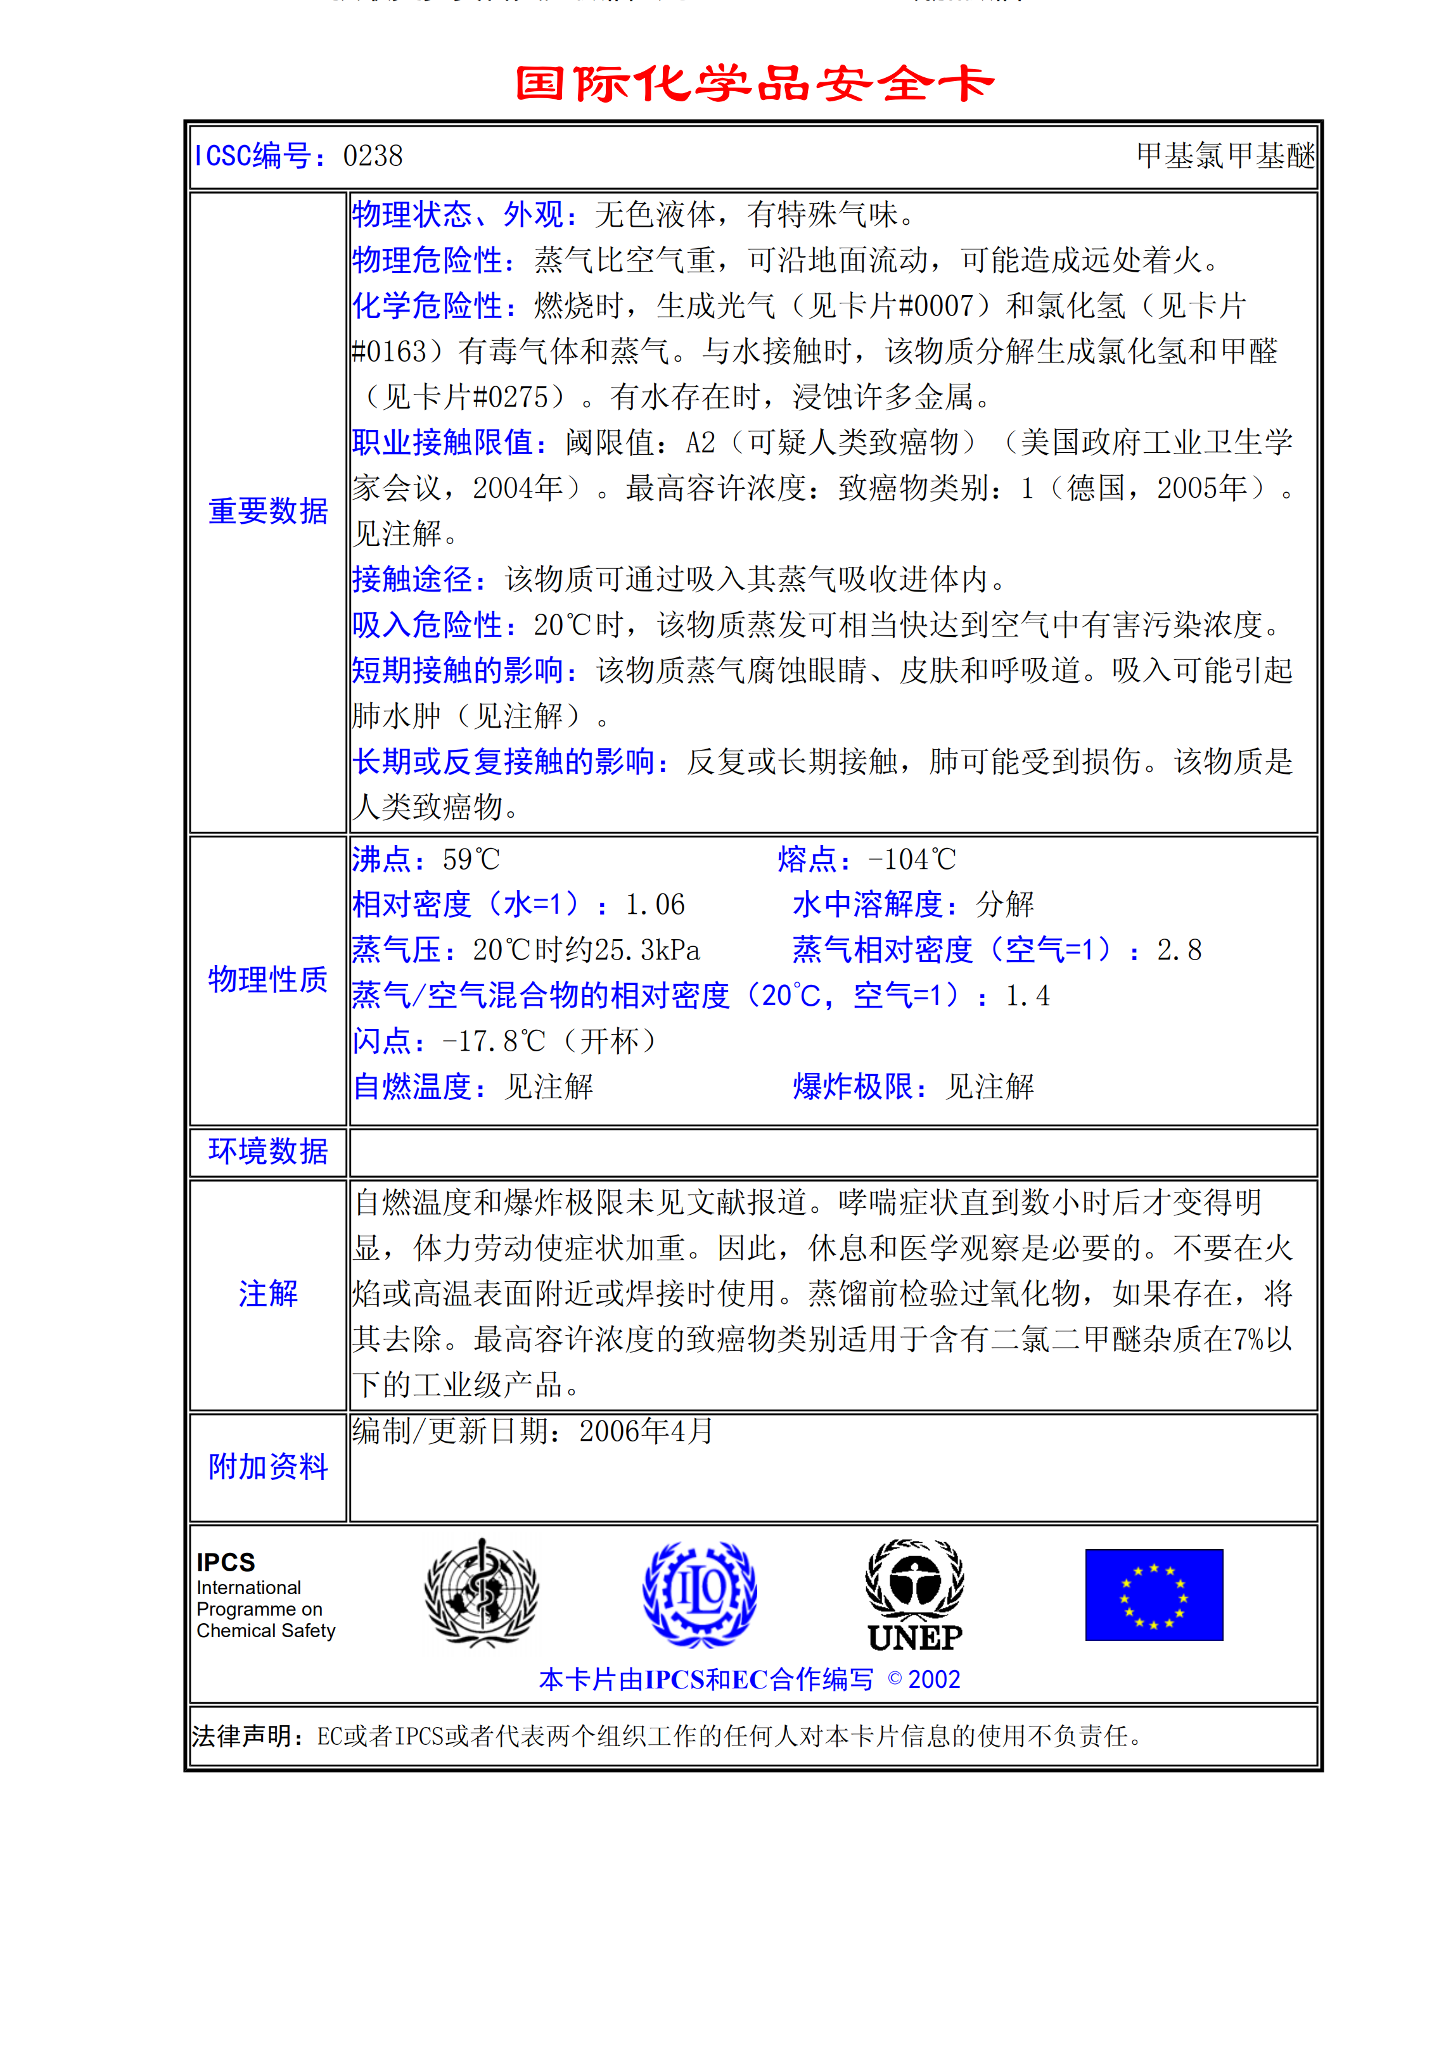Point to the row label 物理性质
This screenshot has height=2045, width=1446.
coord(268,979)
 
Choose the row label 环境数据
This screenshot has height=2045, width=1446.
coord(268,1151)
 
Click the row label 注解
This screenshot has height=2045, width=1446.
coord(268,1293)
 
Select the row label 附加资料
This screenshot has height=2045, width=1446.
coord(268,1466)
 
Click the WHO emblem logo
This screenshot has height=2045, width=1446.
coord(481,1593)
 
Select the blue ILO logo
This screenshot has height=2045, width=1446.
coord(700,1593)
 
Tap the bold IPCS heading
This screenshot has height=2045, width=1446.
coord(226,1562)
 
